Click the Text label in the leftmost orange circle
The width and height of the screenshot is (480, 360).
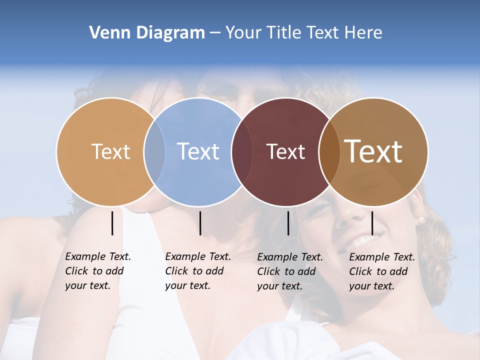110,151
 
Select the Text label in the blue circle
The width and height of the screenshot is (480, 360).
198,151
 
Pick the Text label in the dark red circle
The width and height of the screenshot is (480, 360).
285,151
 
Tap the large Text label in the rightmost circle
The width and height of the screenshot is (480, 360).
373,151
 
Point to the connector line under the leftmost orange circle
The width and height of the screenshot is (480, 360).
112,223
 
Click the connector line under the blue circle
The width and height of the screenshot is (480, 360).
200,223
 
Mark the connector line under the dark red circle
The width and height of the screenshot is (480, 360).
288,223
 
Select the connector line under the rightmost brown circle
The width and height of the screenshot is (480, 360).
372,223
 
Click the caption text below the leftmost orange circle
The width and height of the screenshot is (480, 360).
97,271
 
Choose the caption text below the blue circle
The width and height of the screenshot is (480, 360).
197,271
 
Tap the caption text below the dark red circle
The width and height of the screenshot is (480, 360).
289,271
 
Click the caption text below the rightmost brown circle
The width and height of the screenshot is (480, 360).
381,271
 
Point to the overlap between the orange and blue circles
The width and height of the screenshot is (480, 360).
154,151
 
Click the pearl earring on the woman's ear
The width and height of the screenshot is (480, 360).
421,220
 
